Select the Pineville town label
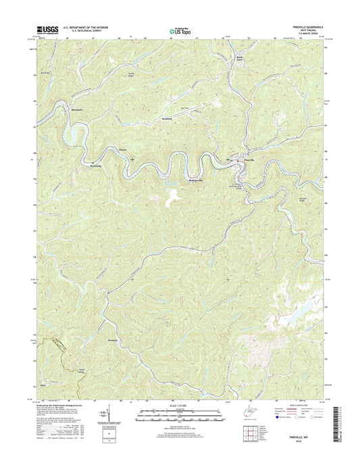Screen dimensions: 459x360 pyautogui.click(x=249, y=160)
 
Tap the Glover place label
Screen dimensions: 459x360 pyautogui.click(x=122, y=149)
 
